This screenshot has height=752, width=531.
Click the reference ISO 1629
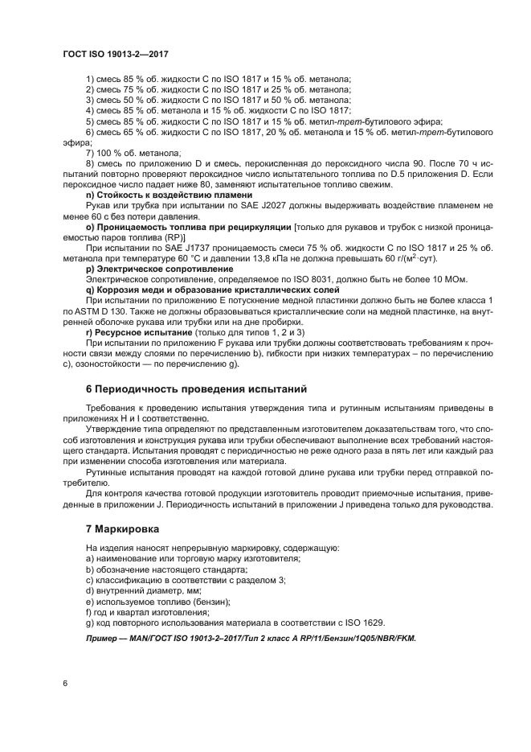tap(366, 622)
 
